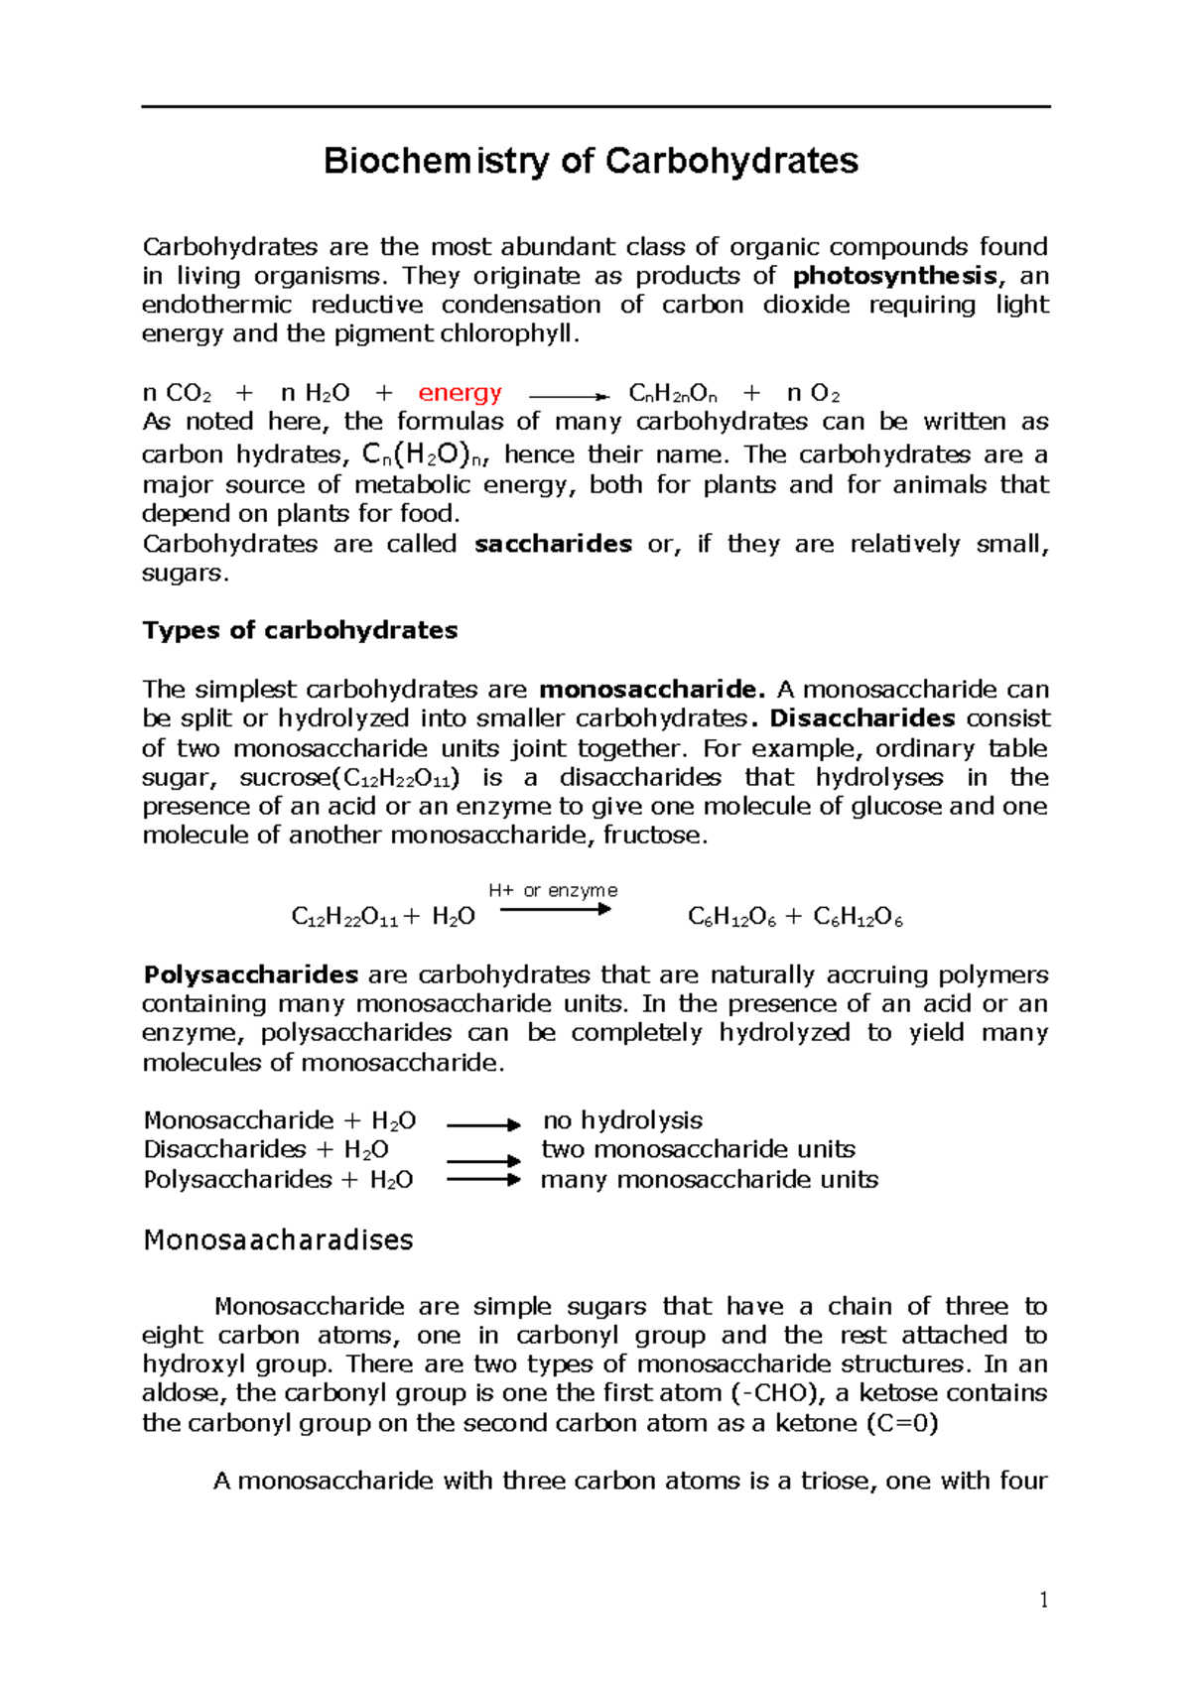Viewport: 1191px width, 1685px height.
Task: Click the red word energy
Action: pyautogui.click(x=460, y=393)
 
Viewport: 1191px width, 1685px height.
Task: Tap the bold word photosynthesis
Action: pyautogui.click(x=895, y=276)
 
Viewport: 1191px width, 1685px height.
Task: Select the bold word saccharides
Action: pyautogui.click(x=553, y=544)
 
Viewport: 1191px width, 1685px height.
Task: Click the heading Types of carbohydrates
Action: pyautogui.click(x=300, y=630)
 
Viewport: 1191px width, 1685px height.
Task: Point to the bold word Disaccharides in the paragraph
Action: pyautogui.click(x=861, y=718)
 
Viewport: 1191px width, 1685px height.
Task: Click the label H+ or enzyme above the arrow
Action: pyautogui.click(x=553, y=890)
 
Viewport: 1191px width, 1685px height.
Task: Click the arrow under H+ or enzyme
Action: pyautogui.click(x=555, y=909)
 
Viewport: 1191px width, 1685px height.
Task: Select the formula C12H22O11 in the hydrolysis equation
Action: pyautogui.click(x=344, y=917)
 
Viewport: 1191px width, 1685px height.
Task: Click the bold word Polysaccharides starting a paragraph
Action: pyautogui.click(x=250, y=974)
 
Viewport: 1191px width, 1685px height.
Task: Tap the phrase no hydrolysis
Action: pyautogui.click(x=622, y=1120)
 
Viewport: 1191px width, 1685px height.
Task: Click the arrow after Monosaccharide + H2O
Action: pyautogui.click(x=483, y=1124)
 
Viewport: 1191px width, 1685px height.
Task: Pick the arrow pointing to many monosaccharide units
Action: pyautogui.click(x=483, y=1180)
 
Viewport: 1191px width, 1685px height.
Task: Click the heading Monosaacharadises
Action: pyautogui.click(x=278, y=1240)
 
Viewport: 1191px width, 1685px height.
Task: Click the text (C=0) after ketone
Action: pyautogui.click(x=902, y=1423)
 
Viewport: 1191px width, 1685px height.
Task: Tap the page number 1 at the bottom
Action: pyautogui.click(x=1043, y=1600)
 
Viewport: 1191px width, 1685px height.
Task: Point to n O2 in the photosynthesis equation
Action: pyautogui.click(x=813, y=393)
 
